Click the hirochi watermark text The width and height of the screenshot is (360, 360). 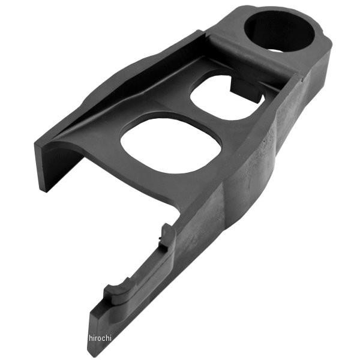(x=100, y=338)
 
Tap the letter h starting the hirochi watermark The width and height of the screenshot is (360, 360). (x=91, y=338)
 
